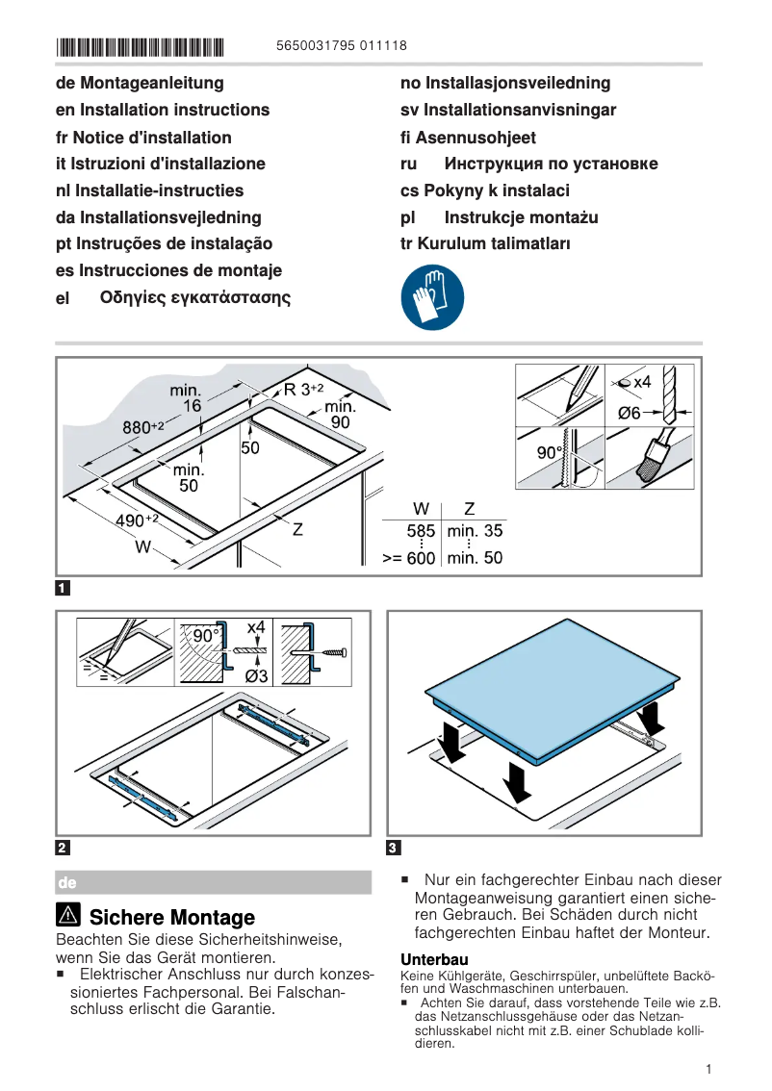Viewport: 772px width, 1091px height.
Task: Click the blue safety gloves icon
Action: coord(432,299)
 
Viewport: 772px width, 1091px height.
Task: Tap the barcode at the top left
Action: coord(140,46)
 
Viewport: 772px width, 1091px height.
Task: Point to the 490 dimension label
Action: coord(136,520)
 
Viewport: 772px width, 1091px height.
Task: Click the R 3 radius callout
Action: coord(302,390)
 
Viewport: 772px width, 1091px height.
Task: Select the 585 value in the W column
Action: coord(421,531)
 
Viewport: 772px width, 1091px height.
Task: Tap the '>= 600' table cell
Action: coord(409,558)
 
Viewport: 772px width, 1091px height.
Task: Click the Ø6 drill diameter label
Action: coord(629,413)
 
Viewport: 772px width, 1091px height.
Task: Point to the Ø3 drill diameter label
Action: coord(255,676)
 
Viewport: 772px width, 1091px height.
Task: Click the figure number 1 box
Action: coord(63,587)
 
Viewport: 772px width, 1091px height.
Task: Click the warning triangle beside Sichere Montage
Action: coord(68,917)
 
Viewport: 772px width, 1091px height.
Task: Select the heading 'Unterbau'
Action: coord(434,959)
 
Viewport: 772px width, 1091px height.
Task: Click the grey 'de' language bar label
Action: coord(67,882)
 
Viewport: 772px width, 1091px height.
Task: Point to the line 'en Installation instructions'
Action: coord(163,110)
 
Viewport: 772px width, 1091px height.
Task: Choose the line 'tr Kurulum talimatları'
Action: coord(485,243)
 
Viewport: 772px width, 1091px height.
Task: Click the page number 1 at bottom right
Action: coord(708,1069)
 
